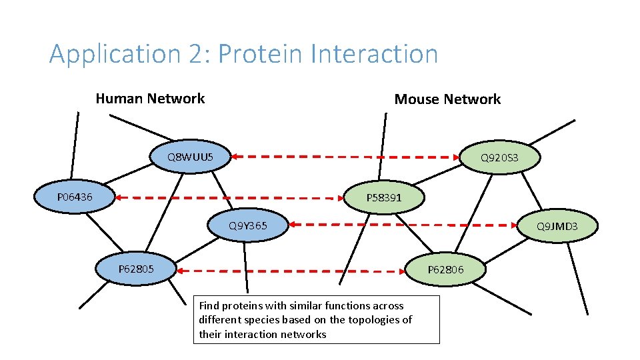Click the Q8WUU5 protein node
(x=190, y=157)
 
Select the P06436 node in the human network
(x=75, y=197)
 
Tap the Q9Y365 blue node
(x=248, y=225)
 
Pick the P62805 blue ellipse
(x=136, y=269)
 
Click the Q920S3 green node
(x=500, y=158)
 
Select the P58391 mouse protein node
(x=385, y=197)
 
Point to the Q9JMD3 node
(x=557, y=226)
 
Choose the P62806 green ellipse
(x=446, y=269)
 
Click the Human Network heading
(x=150, y=99)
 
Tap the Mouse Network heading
(x=447, y=99)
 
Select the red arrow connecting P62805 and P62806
(x=292, y=270)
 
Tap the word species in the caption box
(x=262, y=320)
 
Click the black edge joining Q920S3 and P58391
(x=440, y=176)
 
